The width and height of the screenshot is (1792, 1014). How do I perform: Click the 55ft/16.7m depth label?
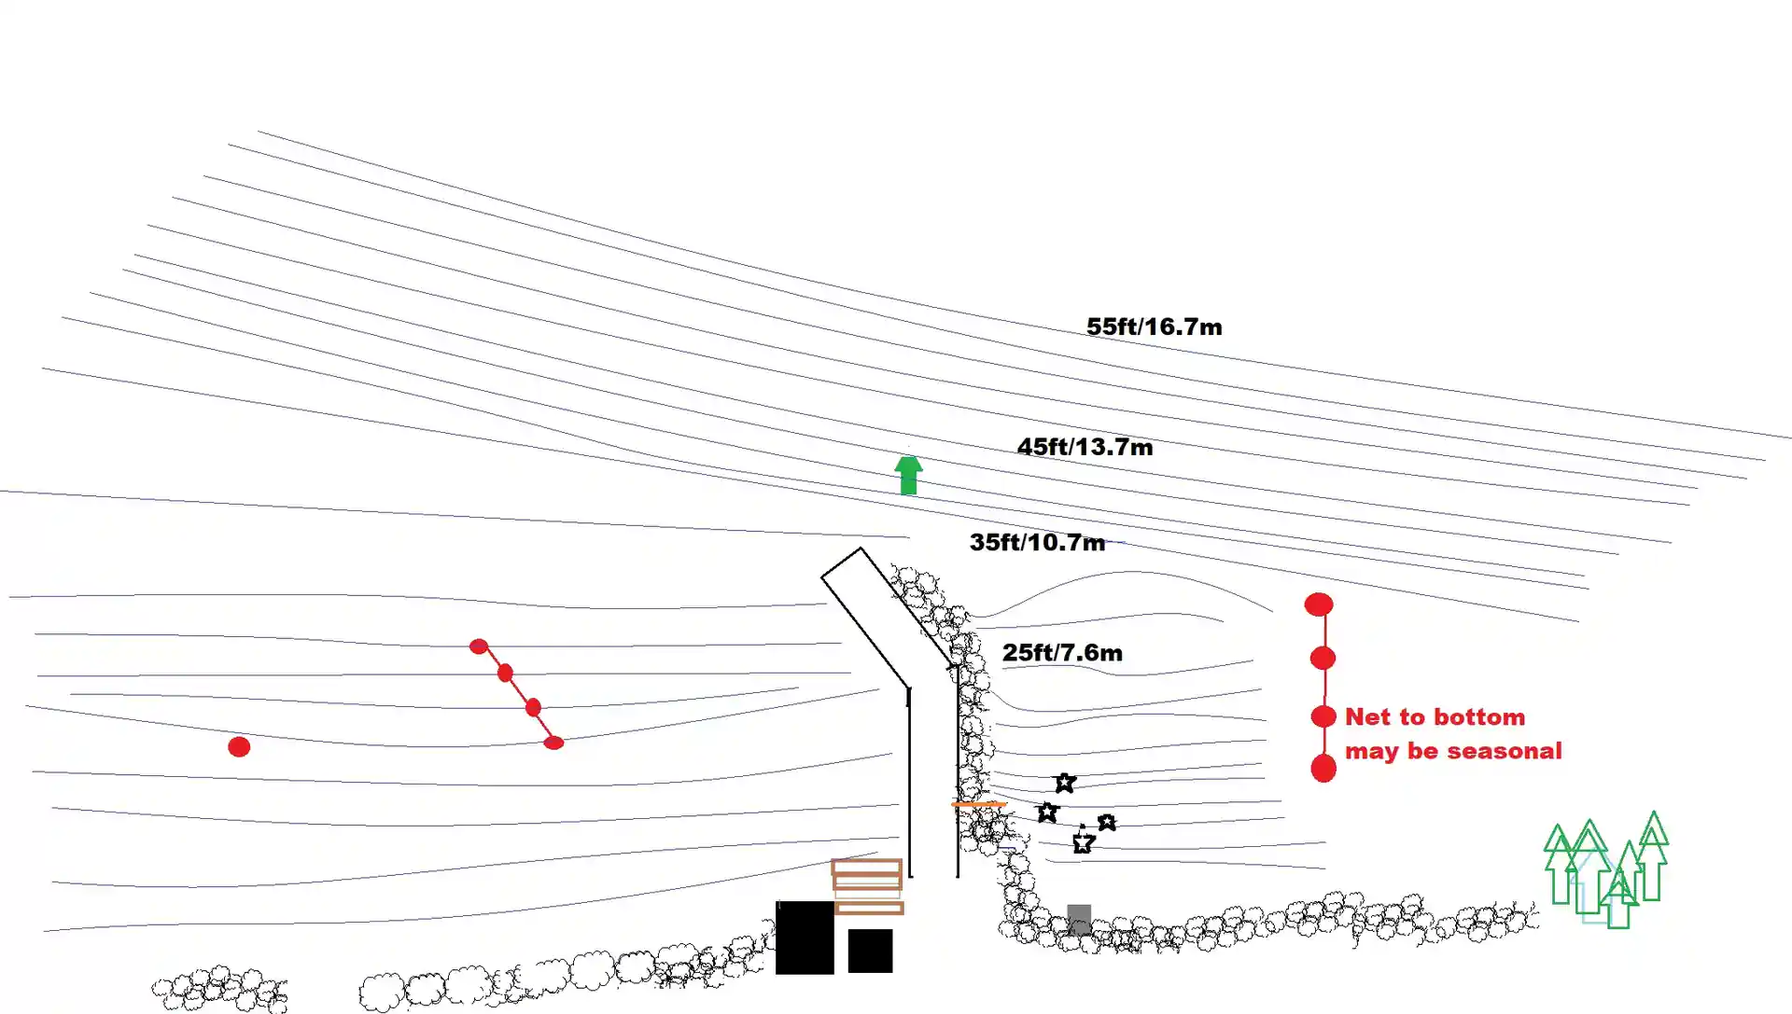click(1154, 326)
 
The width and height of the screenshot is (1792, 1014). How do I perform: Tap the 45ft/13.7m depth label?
click(1085, 447)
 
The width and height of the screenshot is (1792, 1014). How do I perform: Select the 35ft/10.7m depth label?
click(1037, 542)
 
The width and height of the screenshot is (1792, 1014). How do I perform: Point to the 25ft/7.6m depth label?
click(1062, 652)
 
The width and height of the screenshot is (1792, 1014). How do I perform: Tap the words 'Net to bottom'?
click(1435, 716)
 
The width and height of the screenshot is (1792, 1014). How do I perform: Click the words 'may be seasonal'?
click(1452, 751)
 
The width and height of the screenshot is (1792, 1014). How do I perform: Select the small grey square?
click(1079, 918)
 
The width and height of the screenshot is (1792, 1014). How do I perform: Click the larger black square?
click(805, 938)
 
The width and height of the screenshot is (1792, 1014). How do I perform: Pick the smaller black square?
click(870, 951)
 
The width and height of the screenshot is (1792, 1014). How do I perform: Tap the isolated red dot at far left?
click(239, 746)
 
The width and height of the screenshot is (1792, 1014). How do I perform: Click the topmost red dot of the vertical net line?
click(1318, 604)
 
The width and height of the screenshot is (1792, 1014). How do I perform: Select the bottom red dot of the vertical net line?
click(1323, 769)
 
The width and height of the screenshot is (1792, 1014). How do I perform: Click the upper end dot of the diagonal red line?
click(479, 646)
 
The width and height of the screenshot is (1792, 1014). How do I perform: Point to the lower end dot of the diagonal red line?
click(553, 743)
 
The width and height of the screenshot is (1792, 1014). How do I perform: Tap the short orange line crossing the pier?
click(978, 803)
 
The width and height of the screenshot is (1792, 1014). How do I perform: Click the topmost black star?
click(1065, 783)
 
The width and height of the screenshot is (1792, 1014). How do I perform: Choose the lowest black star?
click(1083, 843)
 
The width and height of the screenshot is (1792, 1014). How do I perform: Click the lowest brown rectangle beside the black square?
click(869, 908)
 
